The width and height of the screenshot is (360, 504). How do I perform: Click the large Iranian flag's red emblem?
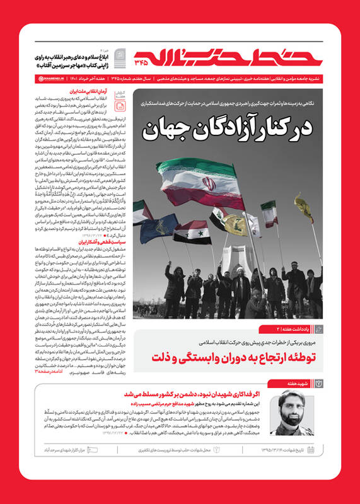click(x=210, y=185)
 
